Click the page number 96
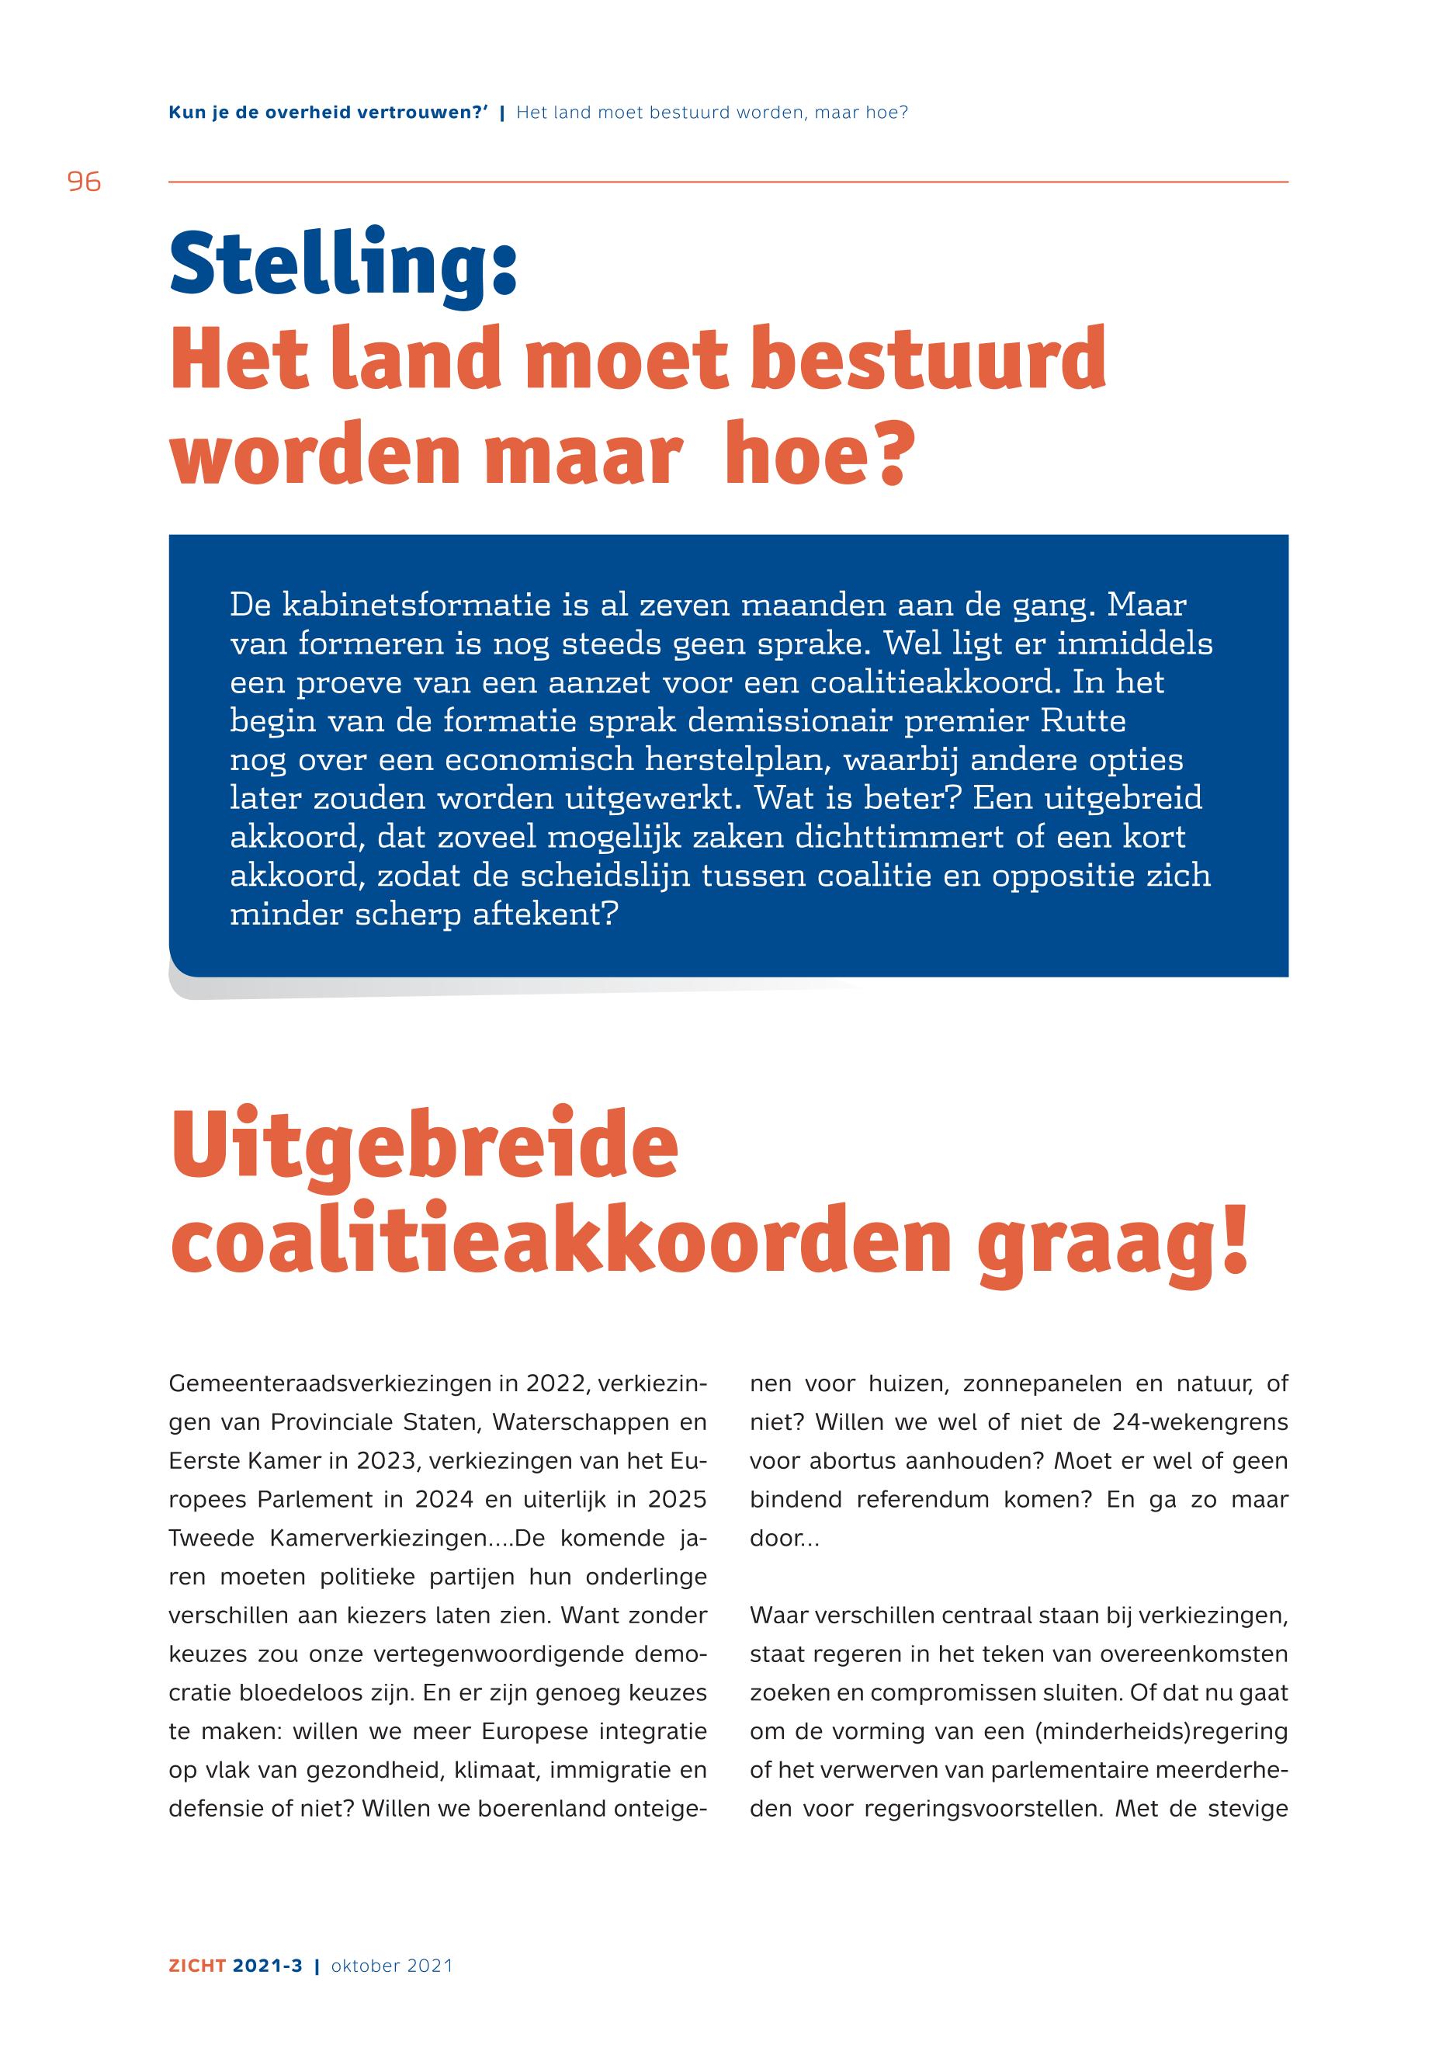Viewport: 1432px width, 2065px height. coord(85,182)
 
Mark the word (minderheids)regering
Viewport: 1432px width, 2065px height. coord(1161,1731)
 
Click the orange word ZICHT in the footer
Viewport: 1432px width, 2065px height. coord(197,1966)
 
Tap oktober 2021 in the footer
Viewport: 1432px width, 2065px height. coord(392,1966)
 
